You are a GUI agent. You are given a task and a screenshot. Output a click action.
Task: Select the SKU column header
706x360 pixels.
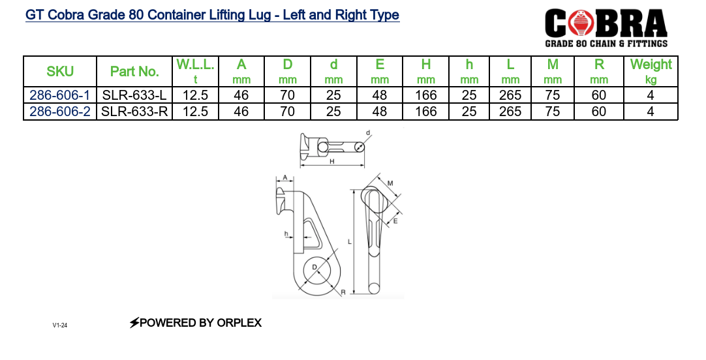click(60, 72)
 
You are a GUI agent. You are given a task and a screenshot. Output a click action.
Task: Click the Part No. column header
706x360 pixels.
click(134, 72)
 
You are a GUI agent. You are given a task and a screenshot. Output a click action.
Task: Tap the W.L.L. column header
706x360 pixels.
click(195, 71)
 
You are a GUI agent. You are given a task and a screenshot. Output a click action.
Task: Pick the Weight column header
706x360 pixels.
click(651, 71)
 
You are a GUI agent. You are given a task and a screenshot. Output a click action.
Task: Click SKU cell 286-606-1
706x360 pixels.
click(60, 95)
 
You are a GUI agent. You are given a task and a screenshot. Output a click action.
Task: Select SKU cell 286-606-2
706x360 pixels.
click(60, 112)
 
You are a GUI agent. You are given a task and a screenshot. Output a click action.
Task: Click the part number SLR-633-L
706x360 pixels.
click(134, 95)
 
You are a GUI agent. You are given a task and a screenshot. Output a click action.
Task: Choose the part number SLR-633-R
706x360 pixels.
click(134, 112)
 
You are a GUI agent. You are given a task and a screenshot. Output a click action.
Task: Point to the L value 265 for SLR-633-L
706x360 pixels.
click(510, 95)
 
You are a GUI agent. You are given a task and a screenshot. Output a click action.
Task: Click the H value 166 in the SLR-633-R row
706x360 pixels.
click(425, 112)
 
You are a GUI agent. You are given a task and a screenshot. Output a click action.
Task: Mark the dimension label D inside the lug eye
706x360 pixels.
click(315, 267)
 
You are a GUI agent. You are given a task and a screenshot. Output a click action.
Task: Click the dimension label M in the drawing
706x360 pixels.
click(390, 184)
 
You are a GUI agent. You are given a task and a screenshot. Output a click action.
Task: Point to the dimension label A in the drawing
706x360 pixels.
click(285, 177)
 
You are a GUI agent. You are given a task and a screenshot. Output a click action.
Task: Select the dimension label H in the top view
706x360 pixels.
click(331, 162)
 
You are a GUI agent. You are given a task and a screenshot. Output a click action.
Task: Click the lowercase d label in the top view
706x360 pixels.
click(368, 134)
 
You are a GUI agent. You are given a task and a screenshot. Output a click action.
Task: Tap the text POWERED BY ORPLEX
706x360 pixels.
click(196, 323)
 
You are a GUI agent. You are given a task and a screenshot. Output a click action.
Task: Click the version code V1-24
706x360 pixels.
click(60, 325)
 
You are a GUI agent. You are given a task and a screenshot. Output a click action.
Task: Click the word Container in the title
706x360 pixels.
click(177, 15)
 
